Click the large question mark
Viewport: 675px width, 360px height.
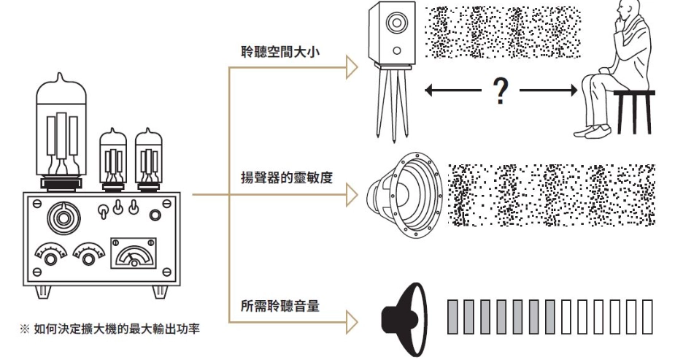click(500, 91)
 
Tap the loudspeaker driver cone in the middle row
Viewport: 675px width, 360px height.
click(401, 192)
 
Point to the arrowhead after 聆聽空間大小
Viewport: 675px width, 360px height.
click(352, 69)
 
